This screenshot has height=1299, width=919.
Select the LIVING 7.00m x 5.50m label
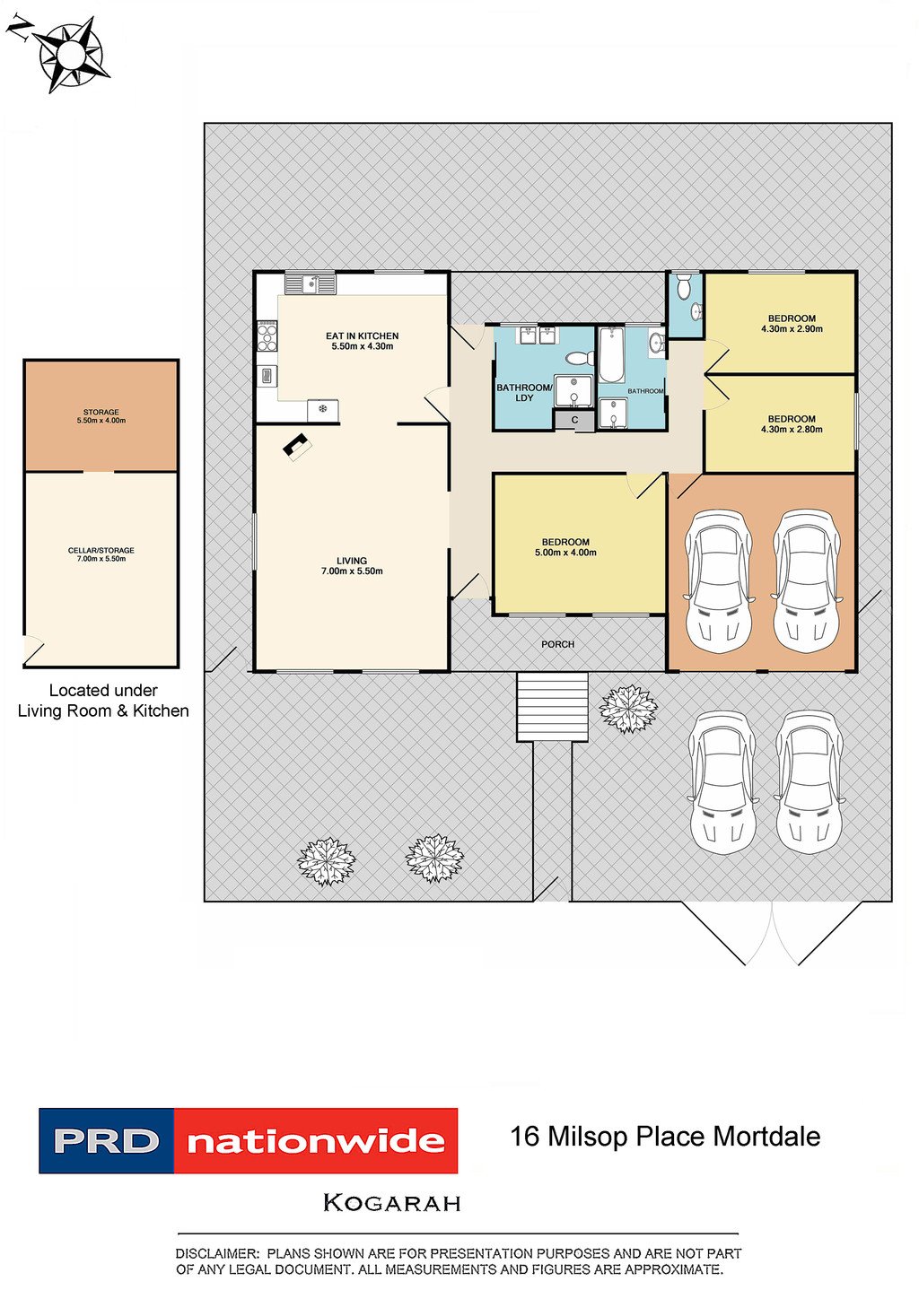[x=352, y=565]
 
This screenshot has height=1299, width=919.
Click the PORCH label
[x=557, y=644]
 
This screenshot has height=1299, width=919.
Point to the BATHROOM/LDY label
[x=523, y=393]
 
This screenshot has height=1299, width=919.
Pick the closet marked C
[x=574, y=420]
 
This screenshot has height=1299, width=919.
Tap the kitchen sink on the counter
[x=311, y=284]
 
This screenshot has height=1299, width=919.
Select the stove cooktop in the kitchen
[x=267, y=336]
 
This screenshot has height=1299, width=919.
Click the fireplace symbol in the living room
[x=297, y=447]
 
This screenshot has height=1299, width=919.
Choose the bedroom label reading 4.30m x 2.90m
[x=792, y=324]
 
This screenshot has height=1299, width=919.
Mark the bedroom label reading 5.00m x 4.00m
[x=565, y=547]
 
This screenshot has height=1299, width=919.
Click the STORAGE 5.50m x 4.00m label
[x=101, y=416]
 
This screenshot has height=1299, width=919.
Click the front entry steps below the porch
[x=552, y=706]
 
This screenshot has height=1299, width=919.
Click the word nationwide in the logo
[x=316, y=1142]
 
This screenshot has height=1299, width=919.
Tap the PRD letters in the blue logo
[x=106, y=1141]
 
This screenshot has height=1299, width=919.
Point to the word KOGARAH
[x=391, y=1203]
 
